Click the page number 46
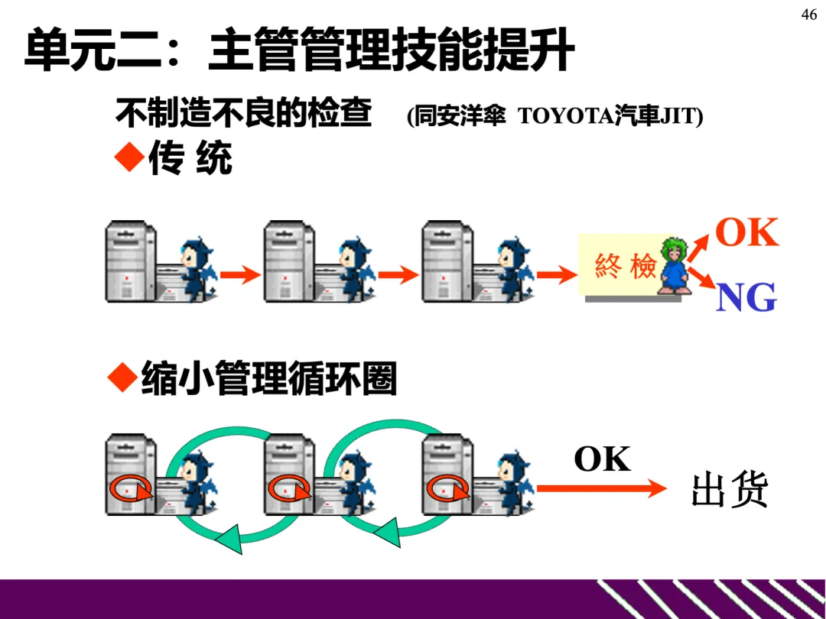809,15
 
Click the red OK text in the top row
746,233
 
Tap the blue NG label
746,297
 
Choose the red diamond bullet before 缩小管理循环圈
122,378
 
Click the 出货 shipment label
729,490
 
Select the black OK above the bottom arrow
602,459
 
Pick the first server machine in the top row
130,261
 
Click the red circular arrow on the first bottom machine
130,488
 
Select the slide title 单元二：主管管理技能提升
298,50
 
